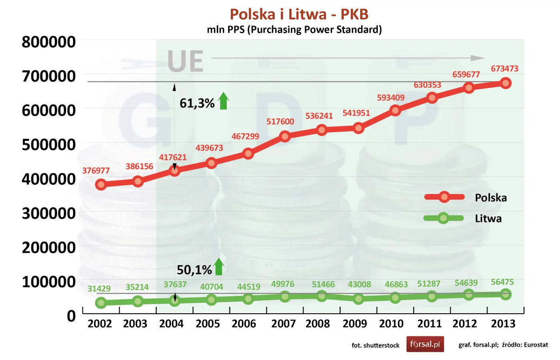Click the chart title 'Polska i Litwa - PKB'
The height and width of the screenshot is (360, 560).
pyautogui.click(x=299, y=14)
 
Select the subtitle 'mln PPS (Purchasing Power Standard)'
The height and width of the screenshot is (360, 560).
pyautogui.click(x=294, y=30)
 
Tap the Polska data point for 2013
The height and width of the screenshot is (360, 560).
pyautogui.click(x=505, y=83)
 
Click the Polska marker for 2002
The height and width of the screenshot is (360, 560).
pyautogui.click(x=101, y=184)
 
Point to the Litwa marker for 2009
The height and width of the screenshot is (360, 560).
pyautogui.click(x=358, y=298)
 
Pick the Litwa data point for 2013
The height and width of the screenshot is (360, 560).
pyautogui.click(x=505, y=294)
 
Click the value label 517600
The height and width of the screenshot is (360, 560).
pyautogui.click(x=280, y=122)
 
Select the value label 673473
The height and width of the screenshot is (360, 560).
pyautogui.click(x=504, y=69)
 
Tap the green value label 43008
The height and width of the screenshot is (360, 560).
pyautogui.click(x=359, y=284)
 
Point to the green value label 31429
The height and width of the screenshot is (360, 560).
pyautogui.click(x=99, y=288)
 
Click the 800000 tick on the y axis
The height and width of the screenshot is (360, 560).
pyautogui.click(x=49, y=42)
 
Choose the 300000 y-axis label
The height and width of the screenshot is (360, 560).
pyautogui.click(x=49, y=213)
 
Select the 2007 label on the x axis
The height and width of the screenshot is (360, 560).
pyautogui.click(x=283, y=324)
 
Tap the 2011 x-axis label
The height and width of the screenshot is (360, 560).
pyautogui.click(x=429, y=324)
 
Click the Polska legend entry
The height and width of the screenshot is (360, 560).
pyautogui.click(x=490, y=198)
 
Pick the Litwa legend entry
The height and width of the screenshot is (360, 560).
pyautogui.click(x=488, y=218)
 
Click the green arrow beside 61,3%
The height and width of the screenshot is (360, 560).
pyautogui.click(x=224, y=101)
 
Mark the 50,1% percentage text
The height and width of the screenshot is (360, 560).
pyautogui.click(x=194, y=270)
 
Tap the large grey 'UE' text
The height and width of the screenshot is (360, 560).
pyautogui.click(x=185, y=62)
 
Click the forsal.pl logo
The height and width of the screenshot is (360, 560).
pyautogui.click(x=425, y=344)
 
